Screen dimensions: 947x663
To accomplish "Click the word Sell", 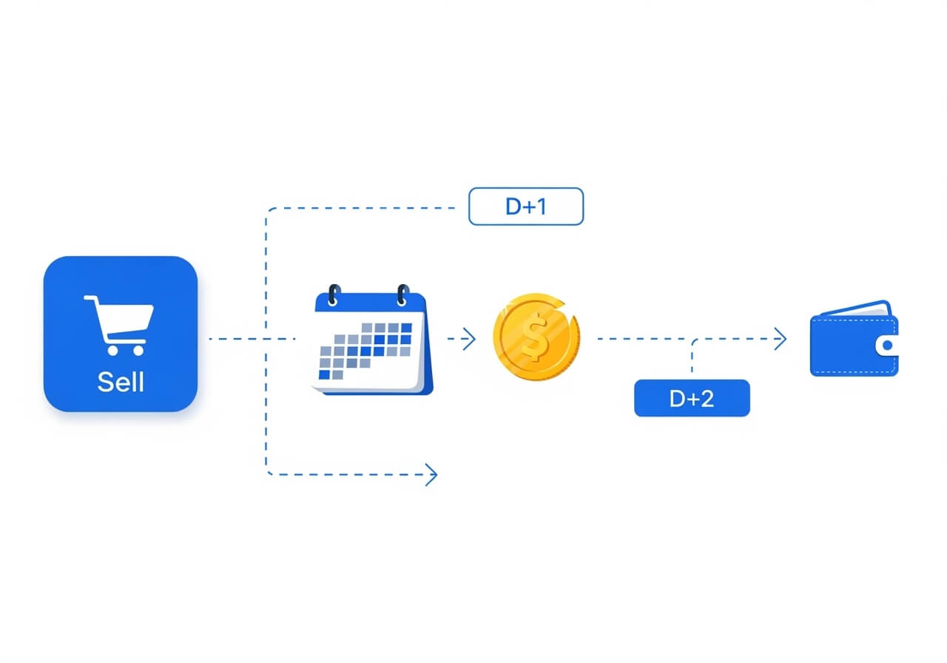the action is (121, 381).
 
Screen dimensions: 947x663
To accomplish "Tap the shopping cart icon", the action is (119, 325).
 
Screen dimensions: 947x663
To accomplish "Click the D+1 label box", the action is (526, 206).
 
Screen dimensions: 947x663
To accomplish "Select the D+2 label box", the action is (692, 398).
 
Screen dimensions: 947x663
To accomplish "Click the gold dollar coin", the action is (536, 337).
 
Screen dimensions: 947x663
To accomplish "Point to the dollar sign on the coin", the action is (534, 337).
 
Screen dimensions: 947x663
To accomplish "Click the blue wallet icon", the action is (854, 338).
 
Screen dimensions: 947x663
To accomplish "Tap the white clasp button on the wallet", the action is (887, 346).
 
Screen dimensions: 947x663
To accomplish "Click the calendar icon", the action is (372, 340).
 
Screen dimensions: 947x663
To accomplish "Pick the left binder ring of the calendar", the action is (334, 295).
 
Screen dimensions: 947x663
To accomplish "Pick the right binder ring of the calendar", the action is (403, 295).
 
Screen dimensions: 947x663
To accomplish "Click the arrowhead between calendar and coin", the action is (469, 339).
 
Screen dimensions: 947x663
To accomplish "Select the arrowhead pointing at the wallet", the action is (780, 339).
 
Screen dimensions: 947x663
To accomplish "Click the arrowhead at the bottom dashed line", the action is (431, 474).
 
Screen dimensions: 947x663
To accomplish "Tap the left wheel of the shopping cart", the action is (112, 350).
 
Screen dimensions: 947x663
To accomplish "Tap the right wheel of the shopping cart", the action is (138, 350).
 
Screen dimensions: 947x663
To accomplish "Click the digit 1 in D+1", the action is (540, 206).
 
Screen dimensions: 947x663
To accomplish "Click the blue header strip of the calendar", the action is (371, 303).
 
